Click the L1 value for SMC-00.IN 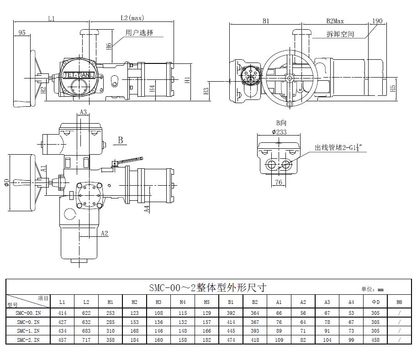62,313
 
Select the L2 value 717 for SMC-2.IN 86,340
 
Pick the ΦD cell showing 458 375,340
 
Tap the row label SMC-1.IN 28,331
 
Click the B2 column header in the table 255,302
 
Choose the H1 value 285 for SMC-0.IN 111,322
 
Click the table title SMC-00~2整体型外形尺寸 207,288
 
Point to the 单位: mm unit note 372,289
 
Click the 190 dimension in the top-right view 377,21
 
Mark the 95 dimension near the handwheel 22,32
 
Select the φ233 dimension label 279,132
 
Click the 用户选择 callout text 139,33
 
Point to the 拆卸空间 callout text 340,34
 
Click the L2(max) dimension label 132,18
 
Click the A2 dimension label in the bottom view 104,233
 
